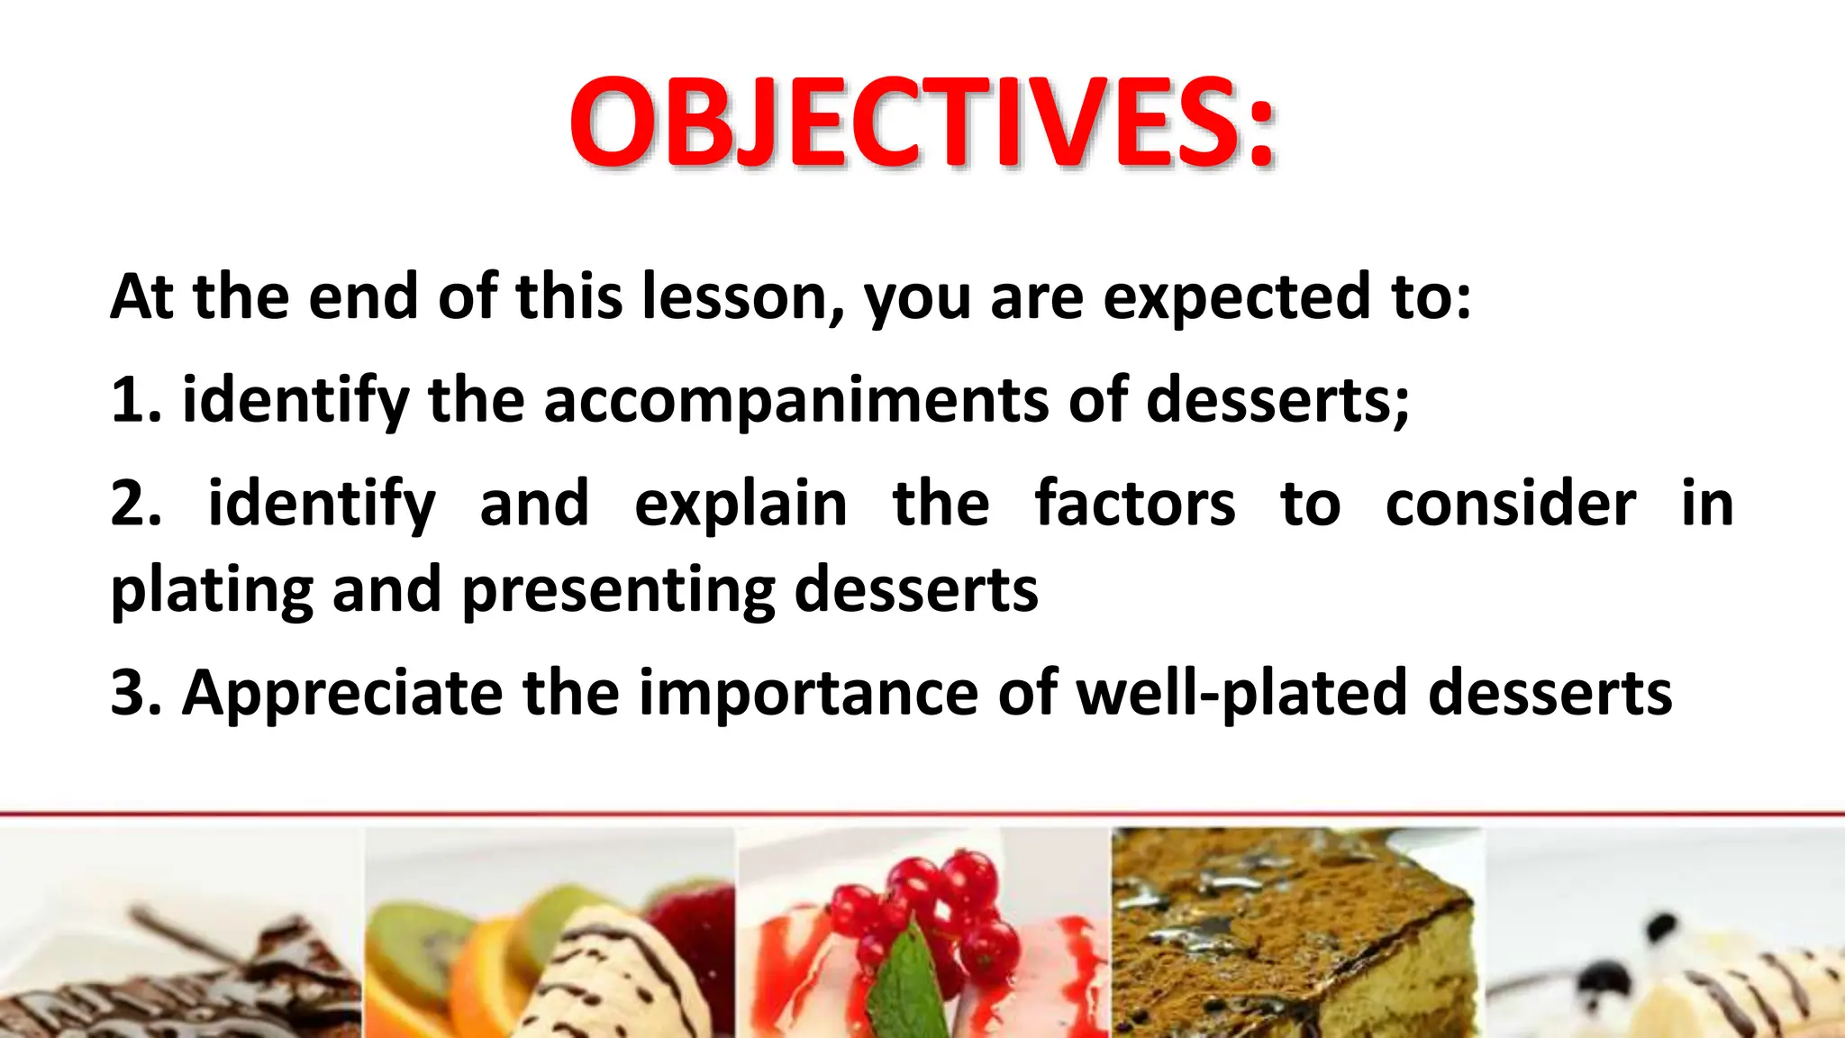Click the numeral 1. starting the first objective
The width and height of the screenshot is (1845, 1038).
[x=135, y=400]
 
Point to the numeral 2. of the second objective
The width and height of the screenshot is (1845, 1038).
[x=135, y=504]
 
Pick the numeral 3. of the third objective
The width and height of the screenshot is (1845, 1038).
[x=135, y=693]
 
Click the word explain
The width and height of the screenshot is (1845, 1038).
[x=741, y=505]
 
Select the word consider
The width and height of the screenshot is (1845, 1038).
[x=1510, y=504]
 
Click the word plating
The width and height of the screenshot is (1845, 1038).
[x=212, y=591]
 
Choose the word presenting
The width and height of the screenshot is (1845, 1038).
[x=618, y=591]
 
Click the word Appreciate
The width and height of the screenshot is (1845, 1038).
[x=342, y=694]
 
